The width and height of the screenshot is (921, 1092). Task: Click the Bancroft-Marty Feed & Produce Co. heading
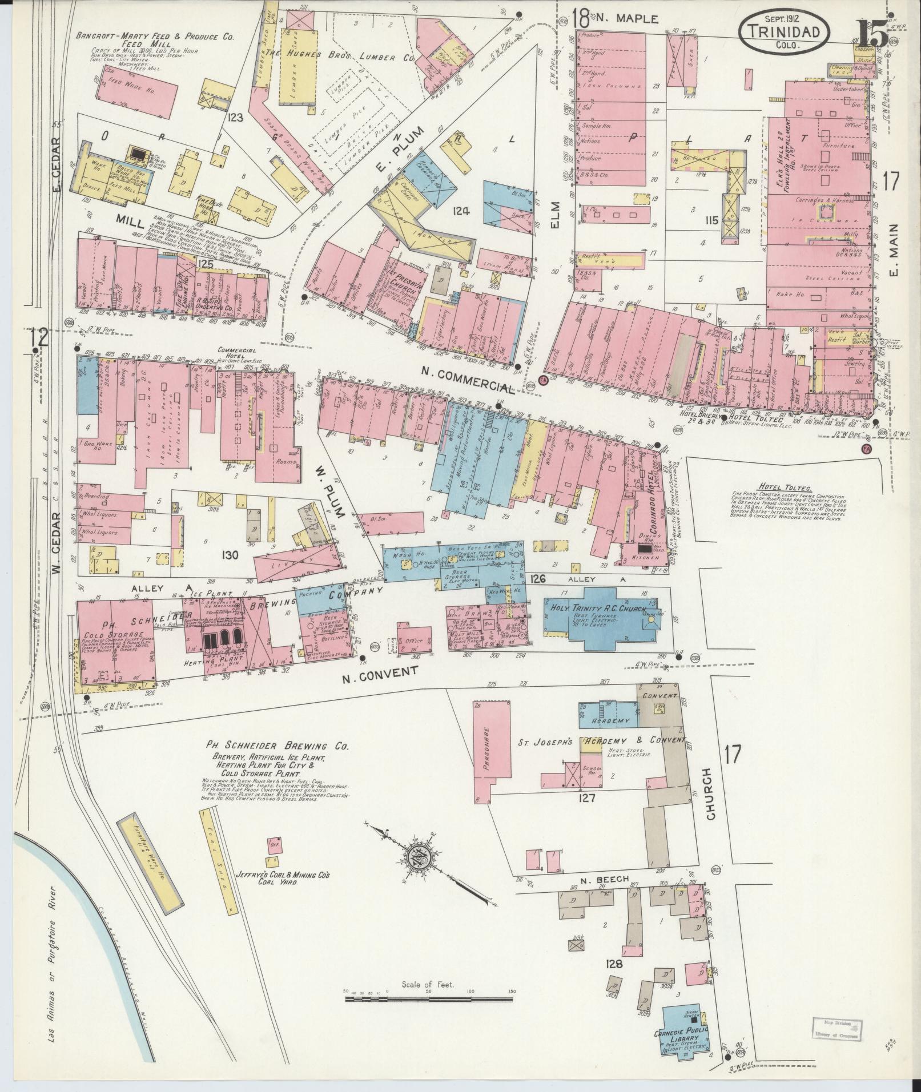coord(155,36)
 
